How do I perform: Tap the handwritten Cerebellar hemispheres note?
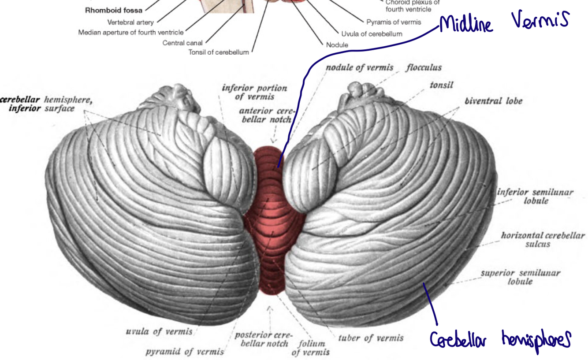500,340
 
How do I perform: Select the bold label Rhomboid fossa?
113,10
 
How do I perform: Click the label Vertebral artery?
130,22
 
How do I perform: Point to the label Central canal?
182,43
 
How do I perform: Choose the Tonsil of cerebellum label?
219,52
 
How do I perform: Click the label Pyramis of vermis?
394,22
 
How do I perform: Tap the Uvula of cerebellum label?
372,33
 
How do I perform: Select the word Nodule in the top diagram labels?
337,45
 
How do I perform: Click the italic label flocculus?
424,68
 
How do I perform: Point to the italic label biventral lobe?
493,101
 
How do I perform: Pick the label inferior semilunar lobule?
535,197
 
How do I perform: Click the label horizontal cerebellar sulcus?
543,239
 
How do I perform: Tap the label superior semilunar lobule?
520,277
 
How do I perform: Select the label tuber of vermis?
371,338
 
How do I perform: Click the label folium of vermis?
311,348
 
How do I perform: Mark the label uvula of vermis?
159,331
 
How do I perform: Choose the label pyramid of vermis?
185,351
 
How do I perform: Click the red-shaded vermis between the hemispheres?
270,220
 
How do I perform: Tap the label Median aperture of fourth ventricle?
131,33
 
